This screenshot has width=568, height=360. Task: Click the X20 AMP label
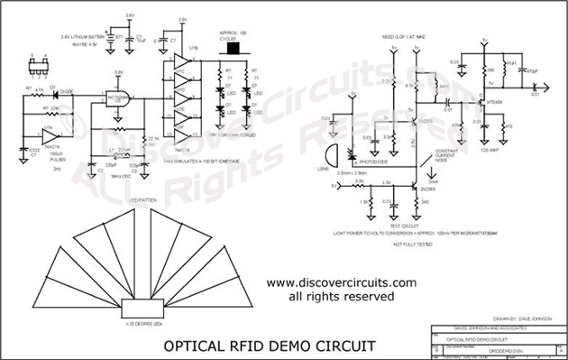click(515, 150)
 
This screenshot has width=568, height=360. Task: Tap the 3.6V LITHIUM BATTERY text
click(86, 36)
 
